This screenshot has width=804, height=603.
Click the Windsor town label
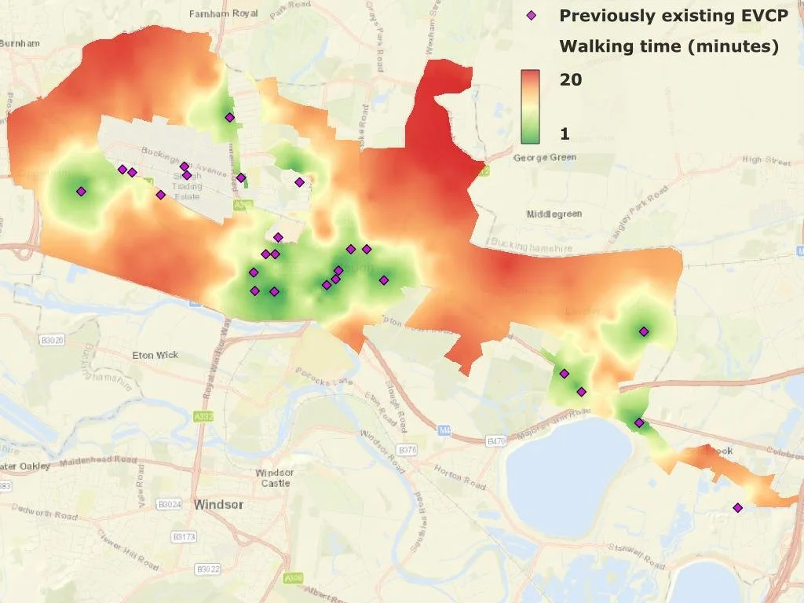pos(218,504)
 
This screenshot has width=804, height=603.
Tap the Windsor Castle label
pos(275,477)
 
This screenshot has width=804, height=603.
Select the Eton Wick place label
pos(155,355)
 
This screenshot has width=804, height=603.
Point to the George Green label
pos(544,158)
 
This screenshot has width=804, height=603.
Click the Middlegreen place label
pos(554,214)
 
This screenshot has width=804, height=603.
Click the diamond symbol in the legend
pos(532,15)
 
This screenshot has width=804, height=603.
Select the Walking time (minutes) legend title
pos(669,46)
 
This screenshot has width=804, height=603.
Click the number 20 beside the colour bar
pos(571,79)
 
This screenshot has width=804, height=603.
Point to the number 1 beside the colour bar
pos(565,134)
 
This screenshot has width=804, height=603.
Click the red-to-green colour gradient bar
pos(530,107)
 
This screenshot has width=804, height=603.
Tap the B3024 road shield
pos(169,503)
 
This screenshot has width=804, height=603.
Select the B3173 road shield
pos(184,537)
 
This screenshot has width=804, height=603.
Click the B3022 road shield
pos(208,568)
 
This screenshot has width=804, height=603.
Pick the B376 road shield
pos(407,451)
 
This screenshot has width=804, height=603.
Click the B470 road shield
pos(497,442)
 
